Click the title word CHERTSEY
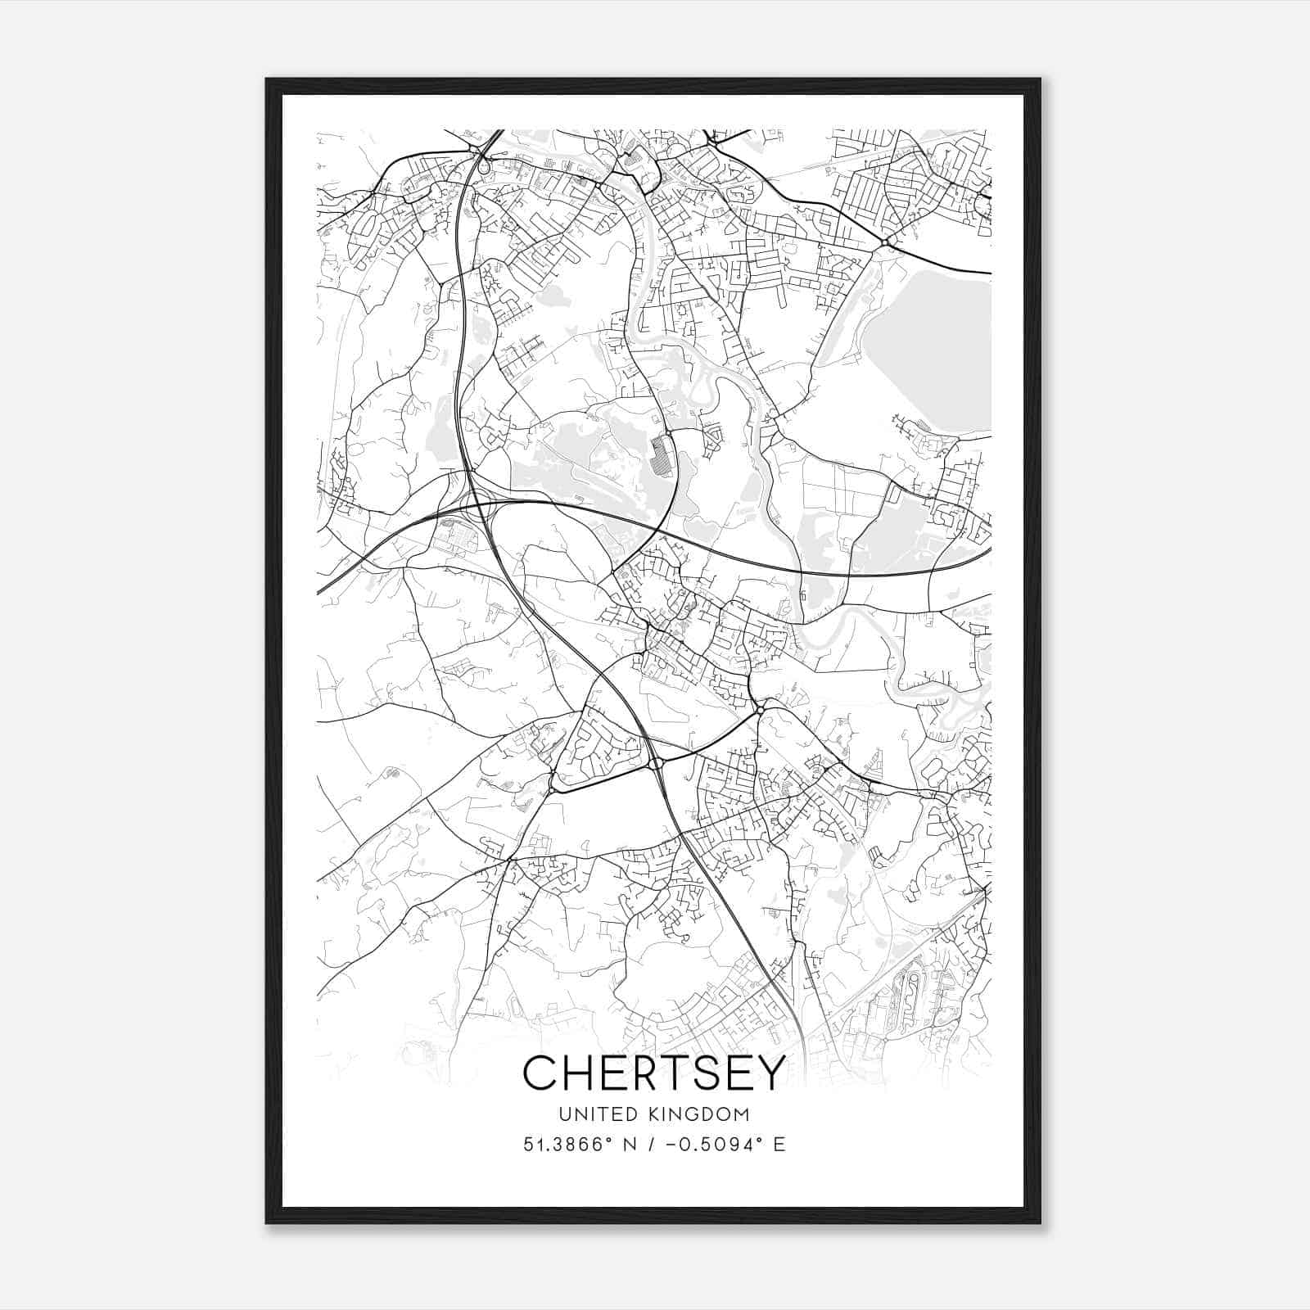[654, 1073]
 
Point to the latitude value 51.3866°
[567, 1144]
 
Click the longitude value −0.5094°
[707, 1144]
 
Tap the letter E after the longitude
[779, 1145]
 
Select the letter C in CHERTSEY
[541, 1073]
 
